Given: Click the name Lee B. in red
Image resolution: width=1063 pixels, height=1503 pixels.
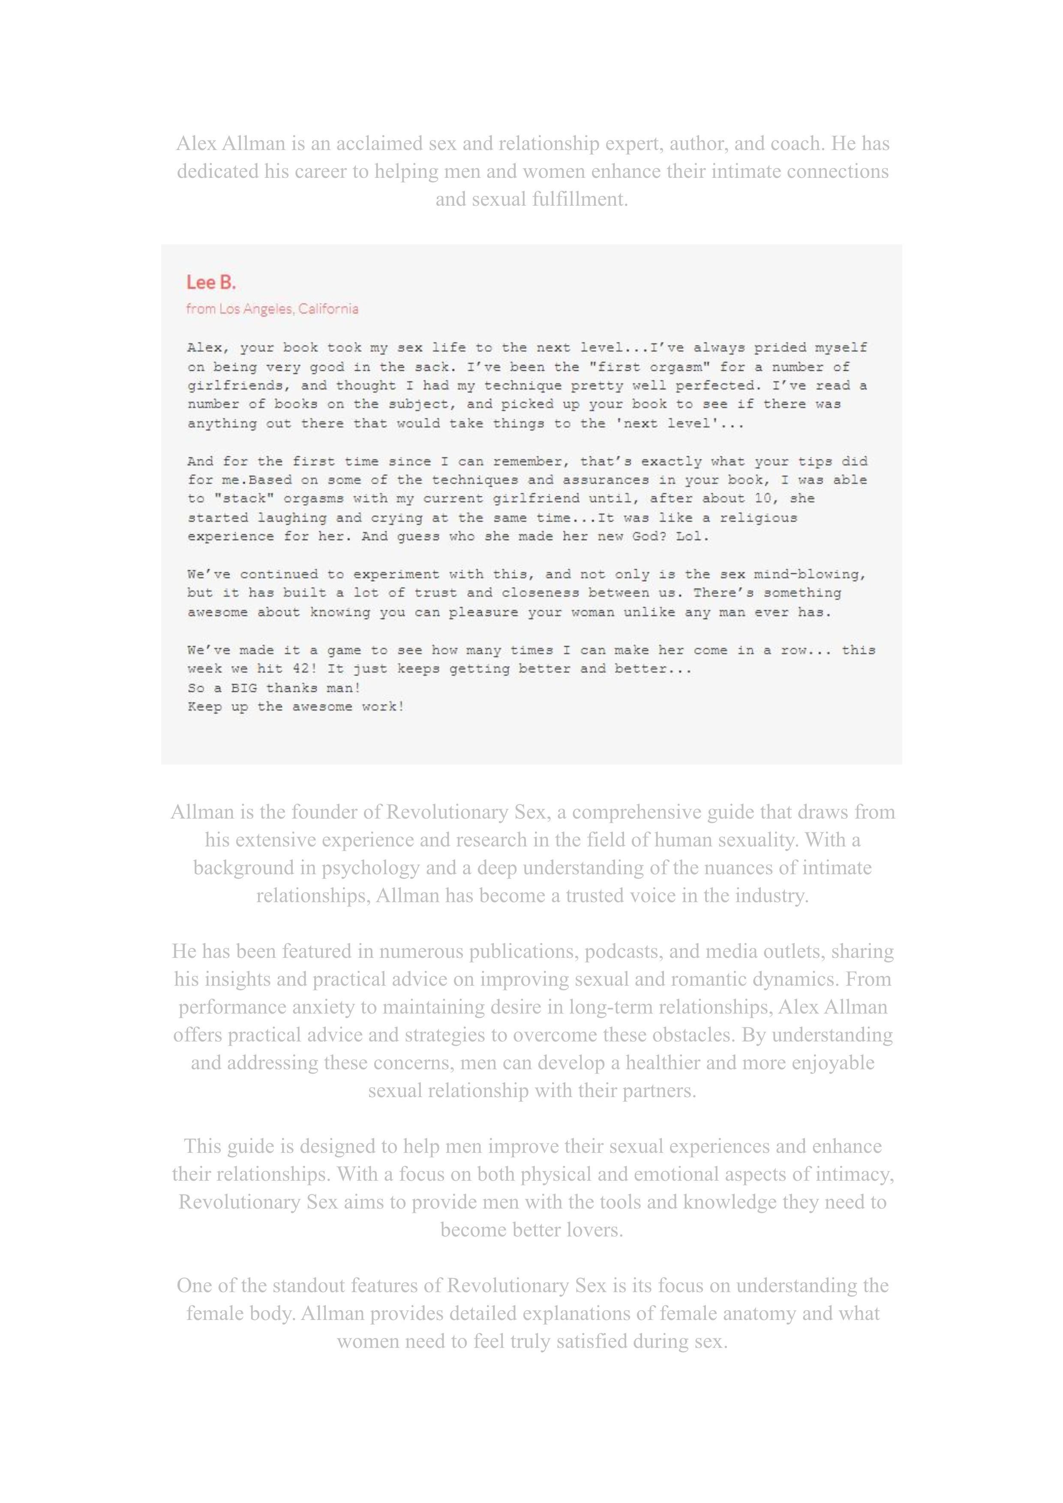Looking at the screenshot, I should pos(211,283).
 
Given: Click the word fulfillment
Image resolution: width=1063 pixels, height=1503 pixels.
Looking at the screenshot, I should pos(579,199).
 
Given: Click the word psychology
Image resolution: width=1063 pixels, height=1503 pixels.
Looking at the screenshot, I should pos(370,868).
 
